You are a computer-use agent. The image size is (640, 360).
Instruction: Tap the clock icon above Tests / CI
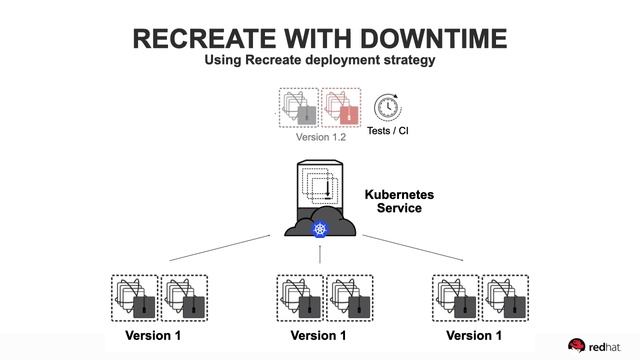pyautogui.click(x=387, y=108)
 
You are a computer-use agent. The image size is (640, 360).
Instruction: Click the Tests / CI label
pyautogui.click(x=388, y=131)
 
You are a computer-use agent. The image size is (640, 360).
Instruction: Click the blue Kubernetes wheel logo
pyautogui.click(x=320, y=230)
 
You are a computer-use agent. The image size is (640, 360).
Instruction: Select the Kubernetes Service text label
pyautogui.click(x=391, y=201)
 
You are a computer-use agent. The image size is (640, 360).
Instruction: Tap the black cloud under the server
pyautogui.click(x=320, y=225)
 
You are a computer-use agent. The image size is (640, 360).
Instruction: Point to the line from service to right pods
pyautogui.click(x=412, y=248)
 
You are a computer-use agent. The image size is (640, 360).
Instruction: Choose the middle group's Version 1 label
pyautogui.click(x=320, y=335)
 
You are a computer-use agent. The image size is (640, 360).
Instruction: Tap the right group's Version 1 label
pyautogui.click(x=475, y=335)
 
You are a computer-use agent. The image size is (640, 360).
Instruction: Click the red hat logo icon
pyautogui.click(x=577, y=346)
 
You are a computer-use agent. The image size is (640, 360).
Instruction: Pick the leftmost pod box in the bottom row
pyautogui.click(x=133, y=297)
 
